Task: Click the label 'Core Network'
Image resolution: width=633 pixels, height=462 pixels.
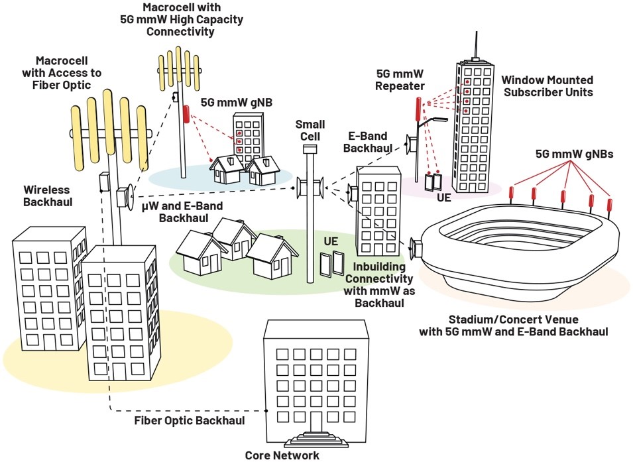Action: (x=282, y=455)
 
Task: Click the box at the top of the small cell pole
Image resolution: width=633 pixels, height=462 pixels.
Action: (x=306, y=150)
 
